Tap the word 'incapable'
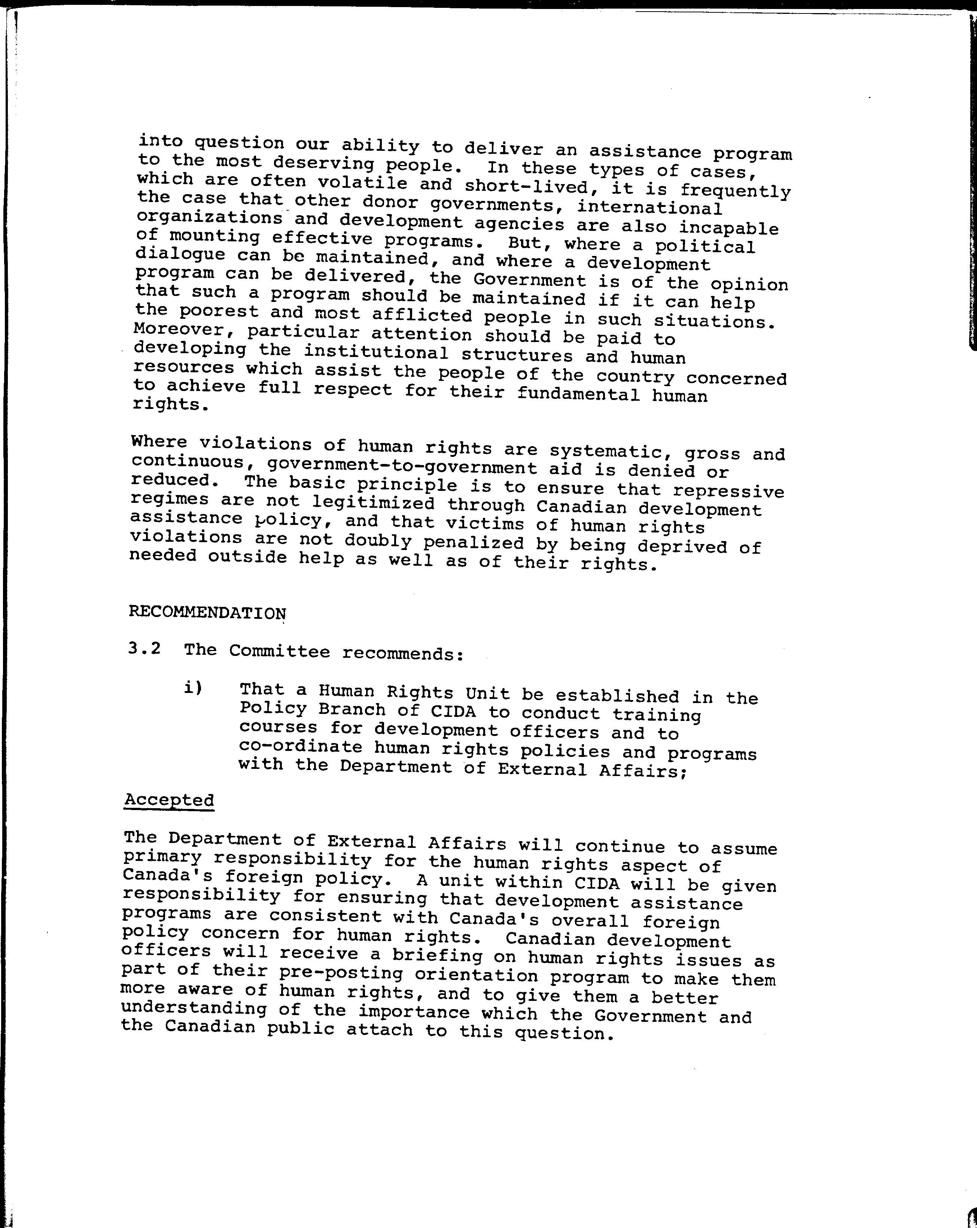(728, 228)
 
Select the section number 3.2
(144, 649)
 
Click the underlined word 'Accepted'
(169, 800)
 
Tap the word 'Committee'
(279, 651)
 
